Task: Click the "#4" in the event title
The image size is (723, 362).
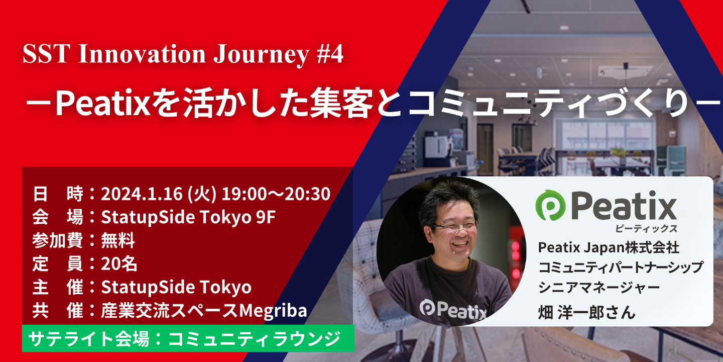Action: [330, 54]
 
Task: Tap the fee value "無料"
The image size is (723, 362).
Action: [118, 241]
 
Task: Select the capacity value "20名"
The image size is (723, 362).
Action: [119, 264]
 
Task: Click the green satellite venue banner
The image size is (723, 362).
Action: [188, 338]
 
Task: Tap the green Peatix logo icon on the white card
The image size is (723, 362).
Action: [550, 206]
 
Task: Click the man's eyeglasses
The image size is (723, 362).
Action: [454, 226]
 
